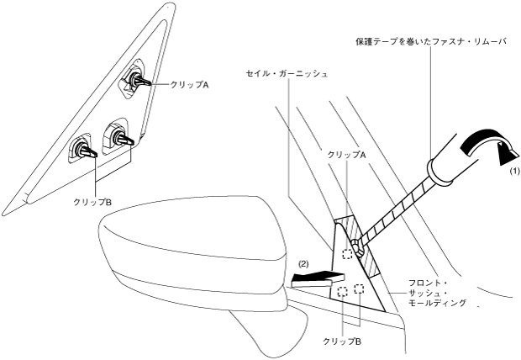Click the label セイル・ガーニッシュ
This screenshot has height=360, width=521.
coord(286,73)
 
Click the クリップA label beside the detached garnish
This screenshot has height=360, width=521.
coord(189,85)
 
